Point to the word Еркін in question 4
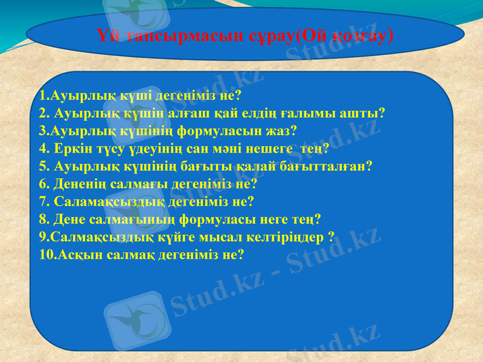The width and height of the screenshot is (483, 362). coord(72,148)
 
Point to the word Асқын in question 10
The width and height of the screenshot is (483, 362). coord(79,254)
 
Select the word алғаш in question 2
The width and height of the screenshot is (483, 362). coord(205,113)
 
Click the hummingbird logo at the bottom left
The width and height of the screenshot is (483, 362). coord(134,320)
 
